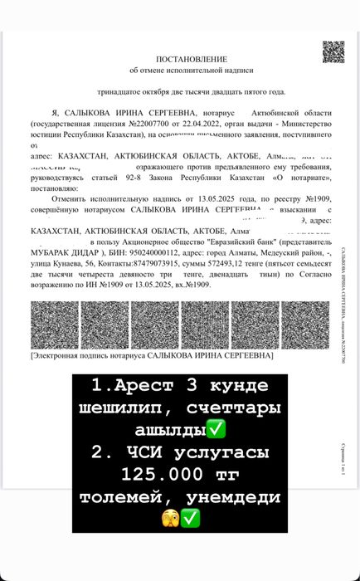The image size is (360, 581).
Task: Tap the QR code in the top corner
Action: [333, 52]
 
